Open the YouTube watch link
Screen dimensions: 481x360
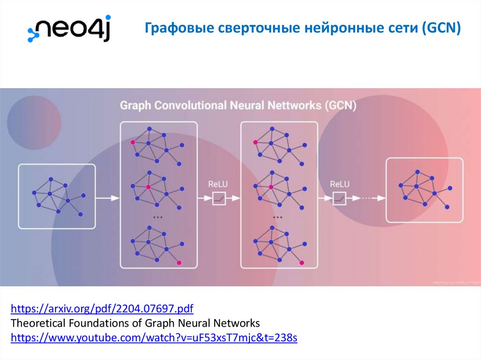tap(154, 338)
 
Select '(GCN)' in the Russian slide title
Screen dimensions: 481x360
tap(442, 29)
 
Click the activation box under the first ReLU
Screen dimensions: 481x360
tap(218, 199)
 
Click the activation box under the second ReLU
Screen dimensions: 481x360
tap(339, 199)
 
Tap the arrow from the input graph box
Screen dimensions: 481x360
tap(108, 199)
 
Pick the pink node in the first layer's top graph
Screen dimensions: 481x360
tap(133, 142)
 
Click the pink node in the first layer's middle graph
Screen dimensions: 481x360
tap(148, 187)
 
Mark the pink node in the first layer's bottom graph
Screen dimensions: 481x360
tap(179, 263)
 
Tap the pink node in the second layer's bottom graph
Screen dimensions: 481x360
tap(302, 263)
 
